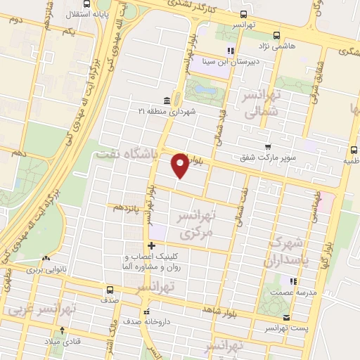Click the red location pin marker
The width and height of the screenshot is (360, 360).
[181, 164]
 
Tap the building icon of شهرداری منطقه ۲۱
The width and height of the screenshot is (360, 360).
[166, 101]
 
